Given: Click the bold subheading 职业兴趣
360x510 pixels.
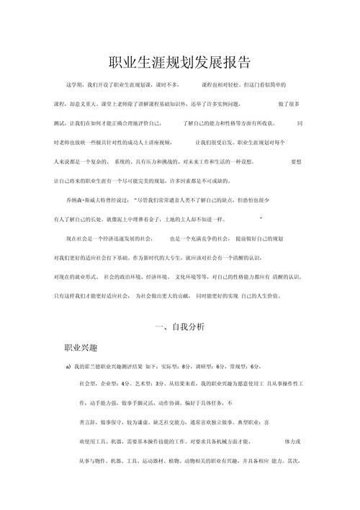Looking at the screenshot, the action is pyautogui.click(x=83, y=347).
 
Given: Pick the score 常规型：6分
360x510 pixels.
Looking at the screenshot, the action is pyautogui.click(x=244, y=367).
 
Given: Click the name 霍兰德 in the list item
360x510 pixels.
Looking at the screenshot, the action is pyautogui.click(x=95, y=367).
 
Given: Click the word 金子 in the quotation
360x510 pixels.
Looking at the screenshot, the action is pyautogui.click(x=174, y=217).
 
